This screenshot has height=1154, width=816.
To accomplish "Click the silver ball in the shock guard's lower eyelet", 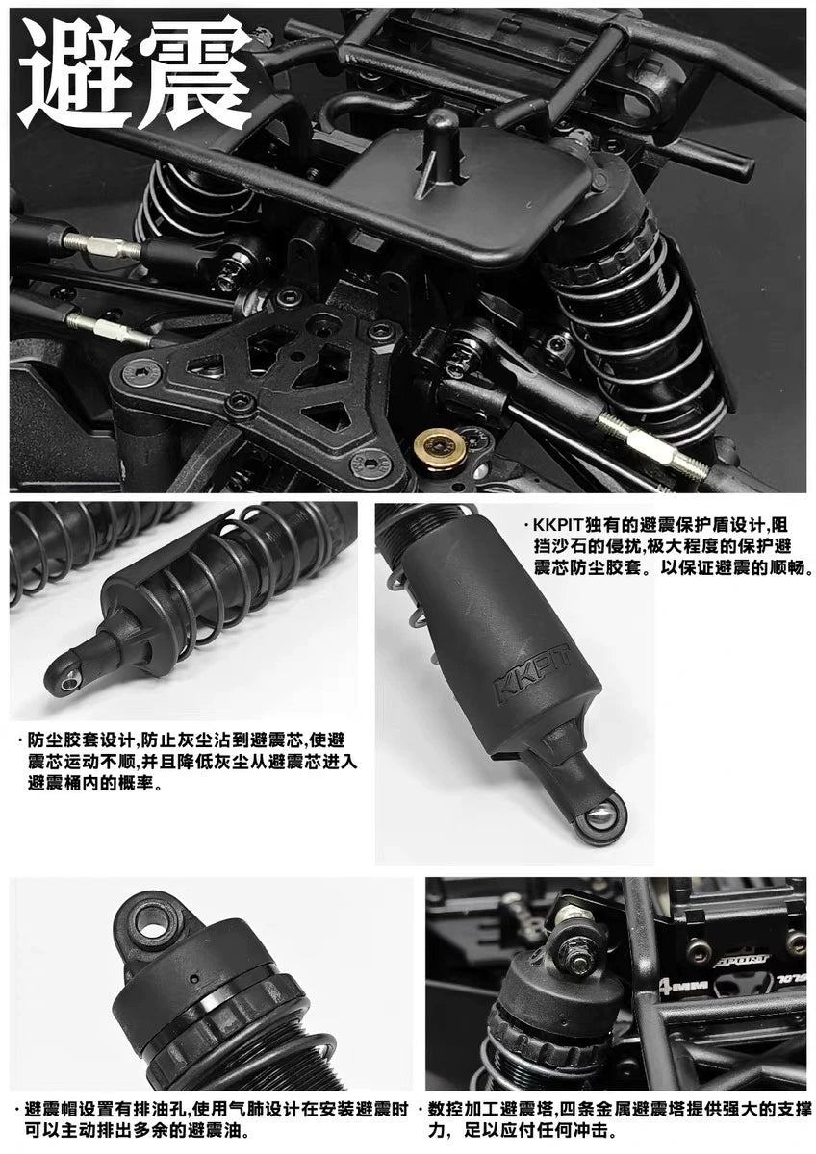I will (x=600, y=817).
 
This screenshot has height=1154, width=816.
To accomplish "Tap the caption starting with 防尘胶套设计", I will (x=183, y=762).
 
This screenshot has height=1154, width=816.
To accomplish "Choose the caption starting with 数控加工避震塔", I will (x=616, y=1119).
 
